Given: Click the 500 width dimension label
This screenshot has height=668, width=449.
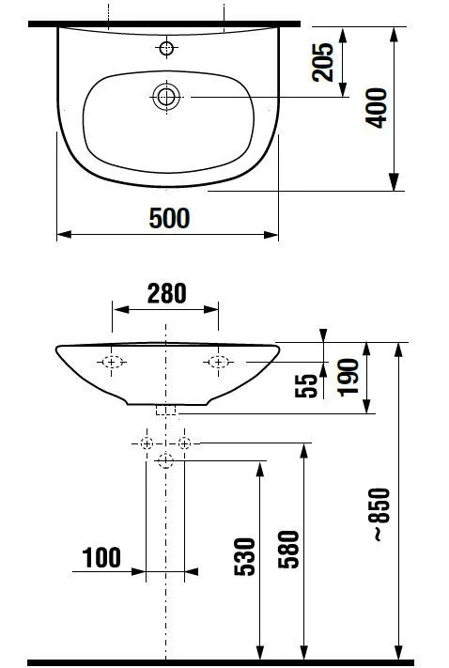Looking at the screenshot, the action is pyautogui.click(x=169, y=218).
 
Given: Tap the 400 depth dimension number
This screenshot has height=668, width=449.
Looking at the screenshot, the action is pyautogui.click(x=376, y=108).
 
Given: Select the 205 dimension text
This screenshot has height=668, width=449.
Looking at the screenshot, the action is pyautogui.click(x=322, y=62).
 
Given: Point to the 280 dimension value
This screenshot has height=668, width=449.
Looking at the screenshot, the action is pyautogui.click(x=166, y=293).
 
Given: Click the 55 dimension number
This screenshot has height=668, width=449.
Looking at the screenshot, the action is pyautogui.click(x=306, y=385).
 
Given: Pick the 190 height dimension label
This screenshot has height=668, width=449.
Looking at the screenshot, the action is pyautogui.click(x=348, y=378).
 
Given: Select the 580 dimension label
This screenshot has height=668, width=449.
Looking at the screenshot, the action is pyautogui.click(x=288, y=549).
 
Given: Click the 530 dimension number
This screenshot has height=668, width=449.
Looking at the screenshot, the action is pyautogui.click(x=244, y=557).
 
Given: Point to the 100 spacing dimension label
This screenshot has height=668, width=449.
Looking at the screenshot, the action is pyautogui.click(x=101, y=558).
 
